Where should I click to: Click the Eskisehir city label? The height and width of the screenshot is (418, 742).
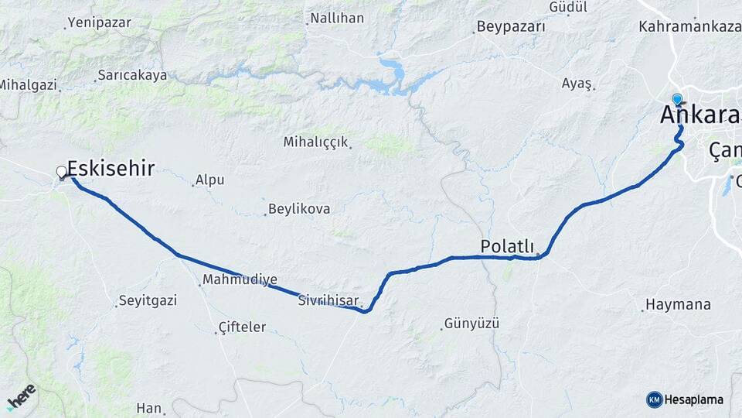click(x=111, y=168)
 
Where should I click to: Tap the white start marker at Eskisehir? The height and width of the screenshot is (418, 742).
click(x=62, y=172)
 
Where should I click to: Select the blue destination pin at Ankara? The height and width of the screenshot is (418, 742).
click(x=677, y=99)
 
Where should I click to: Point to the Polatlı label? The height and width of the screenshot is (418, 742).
click(x=507, y=246)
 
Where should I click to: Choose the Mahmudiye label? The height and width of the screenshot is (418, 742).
click(x=240, y=279)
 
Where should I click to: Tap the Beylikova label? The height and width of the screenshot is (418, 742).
click(x=299, y=209)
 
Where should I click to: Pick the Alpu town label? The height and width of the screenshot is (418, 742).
click(x=209, y=180)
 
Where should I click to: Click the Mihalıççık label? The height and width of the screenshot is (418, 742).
click(x=316, y=142)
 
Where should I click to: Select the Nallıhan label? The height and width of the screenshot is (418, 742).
click(x=336, y=18)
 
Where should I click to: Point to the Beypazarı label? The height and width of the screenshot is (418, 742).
click(x=511, y=26)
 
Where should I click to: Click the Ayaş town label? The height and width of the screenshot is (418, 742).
click(x=577, y=83)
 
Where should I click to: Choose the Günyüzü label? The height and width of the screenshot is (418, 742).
click(x=472, y=323)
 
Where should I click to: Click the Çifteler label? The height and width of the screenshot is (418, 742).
click(x=242, y=327)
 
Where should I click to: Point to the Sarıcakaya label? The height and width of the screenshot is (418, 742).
click(x=132, y=76)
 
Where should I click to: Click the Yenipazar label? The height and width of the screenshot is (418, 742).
click(x=100, y=22)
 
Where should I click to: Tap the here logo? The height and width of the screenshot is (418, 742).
click(x=22, y=396)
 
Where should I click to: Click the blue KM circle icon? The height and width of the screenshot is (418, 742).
click(x=655, y=399)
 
